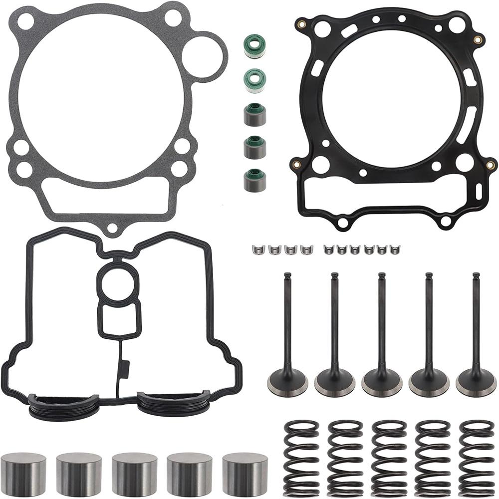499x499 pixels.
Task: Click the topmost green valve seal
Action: click(254, 45)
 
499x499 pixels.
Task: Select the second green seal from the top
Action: click(254, 80)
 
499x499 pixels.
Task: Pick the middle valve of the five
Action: click(382, 334)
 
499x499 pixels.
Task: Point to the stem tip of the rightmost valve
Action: click(476, 276)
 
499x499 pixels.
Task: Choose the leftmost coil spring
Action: click(301, 458)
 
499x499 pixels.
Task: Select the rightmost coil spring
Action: click(476, 458)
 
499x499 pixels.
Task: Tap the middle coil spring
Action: click(389, 458)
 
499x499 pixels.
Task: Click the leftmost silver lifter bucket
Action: click(23, 474)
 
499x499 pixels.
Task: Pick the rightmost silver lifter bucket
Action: click(245, 474)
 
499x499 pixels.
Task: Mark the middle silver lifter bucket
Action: click(134, 474)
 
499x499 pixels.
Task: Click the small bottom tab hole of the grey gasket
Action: click(112, 228)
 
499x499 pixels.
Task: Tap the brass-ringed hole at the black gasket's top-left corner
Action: click(302, 23)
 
